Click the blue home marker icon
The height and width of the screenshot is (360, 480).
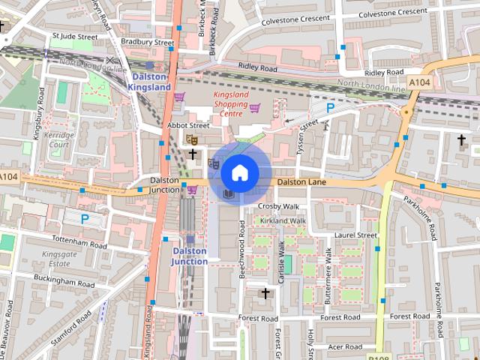coord(239,172)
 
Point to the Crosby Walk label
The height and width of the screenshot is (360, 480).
coord(278,206)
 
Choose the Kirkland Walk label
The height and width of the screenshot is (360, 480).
coord(283,221)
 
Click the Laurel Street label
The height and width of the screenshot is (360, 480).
coord(355,235)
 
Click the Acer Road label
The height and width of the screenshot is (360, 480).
coord(346,347)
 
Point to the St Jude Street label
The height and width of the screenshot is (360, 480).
coord(75,36)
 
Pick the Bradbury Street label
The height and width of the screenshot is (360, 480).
coord(147,43)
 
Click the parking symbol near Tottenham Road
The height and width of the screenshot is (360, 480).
coord(85,220)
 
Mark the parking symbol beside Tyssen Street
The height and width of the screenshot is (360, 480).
coord(329,108)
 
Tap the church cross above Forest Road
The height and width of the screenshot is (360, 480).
coord(264,292)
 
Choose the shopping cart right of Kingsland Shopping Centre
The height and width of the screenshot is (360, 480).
coord(254,108)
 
